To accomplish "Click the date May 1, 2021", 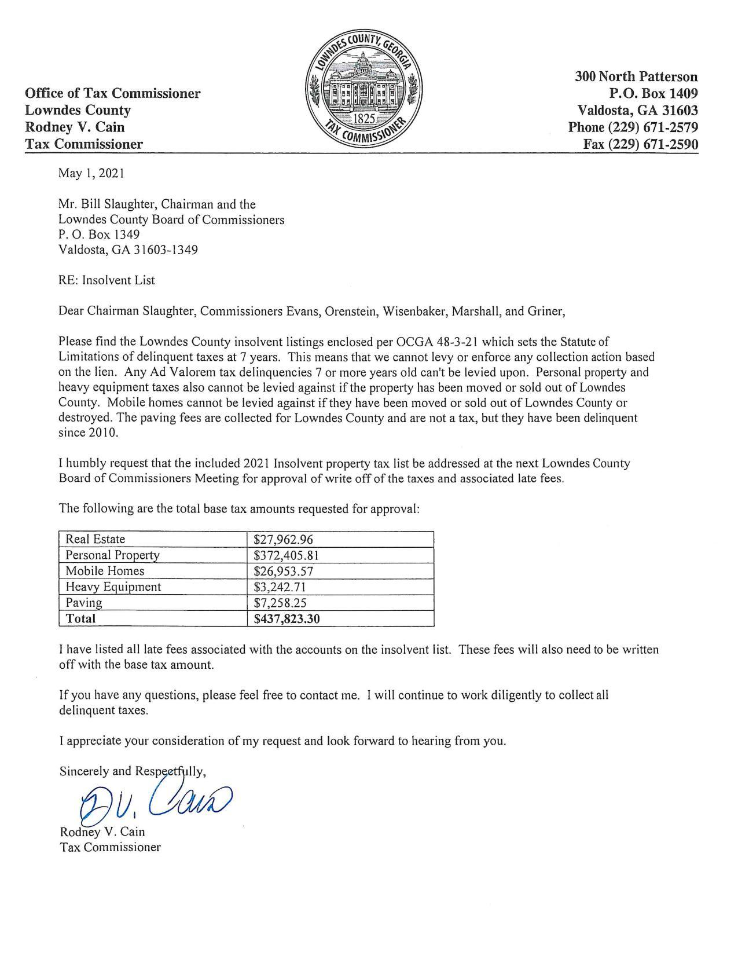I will [x=91, y=173].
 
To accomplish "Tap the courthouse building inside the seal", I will [x=363, y=87].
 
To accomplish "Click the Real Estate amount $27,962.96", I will [x=283, y=539].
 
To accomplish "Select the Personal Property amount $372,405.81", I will [x=287, y=555].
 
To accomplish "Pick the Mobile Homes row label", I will [x=105, y=571].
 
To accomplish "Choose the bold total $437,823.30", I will [x=287, y=618].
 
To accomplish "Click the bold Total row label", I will [x=80, y=618].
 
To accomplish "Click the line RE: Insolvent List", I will [x=107, y=280].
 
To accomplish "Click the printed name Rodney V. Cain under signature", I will [x=102, y=832].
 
